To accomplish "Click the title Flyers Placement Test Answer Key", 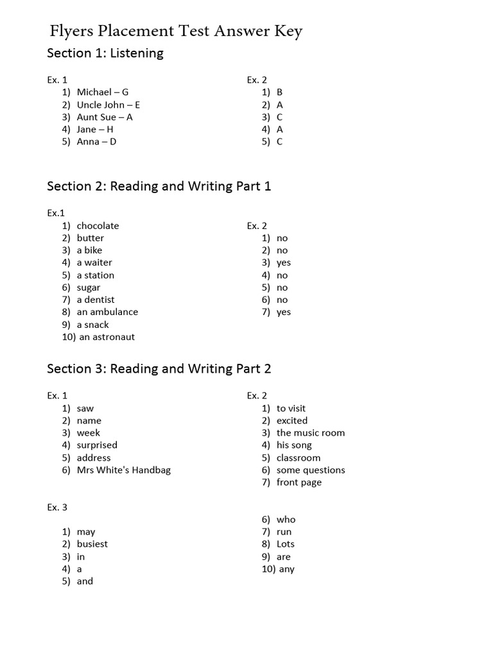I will (176, 31).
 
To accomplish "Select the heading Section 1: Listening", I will (105, 53).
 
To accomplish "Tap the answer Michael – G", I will (103, 92).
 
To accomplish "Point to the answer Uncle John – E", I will (108, 105).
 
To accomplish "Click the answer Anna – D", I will (97, 142).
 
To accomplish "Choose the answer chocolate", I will (98, 226).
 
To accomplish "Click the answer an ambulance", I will (107, 312).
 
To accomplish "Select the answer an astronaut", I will (107, 337).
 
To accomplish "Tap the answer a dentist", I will (96, 300).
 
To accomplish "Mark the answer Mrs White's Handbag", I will (124, 470).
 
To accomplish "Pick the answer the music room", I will (311, 433).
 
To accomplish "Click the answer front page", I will (299, 482).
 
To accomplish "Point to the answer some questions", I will (311, 470).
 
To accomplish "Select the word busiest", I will (92, 544).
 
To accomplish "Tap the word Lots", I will (286, 544).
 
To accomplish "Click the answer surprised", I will (97, 445).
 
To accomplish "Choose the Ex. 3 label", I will (57, 508).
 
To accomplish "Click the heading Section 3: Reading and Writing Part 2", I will (159, 369).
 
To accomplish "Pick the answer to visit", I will (291, 409).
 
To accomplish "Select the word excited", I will (292, 421).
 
